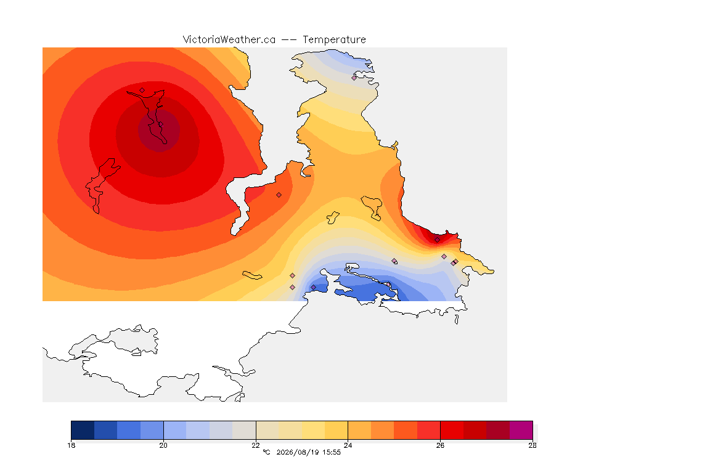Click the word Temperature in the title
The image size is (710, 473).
[334, 40]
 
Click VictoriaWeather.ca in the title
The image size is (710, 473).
[229, 40]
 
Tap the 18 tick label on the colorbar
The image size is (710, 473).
[71, 445]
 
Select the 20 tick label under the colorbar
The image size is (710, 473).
[163, 445]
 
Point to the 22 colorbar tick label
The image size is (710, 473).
[256, 445]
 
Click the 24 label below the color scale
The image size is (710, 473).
[348, 445]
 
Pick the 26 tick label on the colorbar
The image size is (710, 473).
[440, 445]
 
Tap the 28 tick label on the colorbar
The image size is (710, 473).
[532, 445]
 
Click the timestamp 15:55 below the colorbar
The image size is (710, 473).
[332, 452]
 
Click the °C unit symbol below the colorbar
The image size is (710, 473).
[266, 452]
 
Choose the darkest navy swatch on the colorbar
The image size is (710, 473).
[83, 430]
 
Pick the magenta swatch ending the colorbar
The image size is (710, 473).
[521, 430]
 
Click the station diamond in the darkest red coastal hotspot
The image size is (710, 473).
[437, 240]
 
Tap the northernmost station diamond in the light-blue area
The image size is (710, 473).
[354, 78]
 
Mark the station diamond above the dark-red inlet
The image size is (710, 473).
[142, 90]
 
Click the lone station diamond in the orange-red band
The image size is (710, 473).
[279, 195]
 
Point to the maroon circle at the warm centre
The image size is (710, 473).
[159, 131]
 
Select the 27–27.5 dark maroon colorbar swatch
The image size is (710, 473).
[498, 430]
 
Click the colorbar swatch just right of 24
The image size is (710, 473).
[359, 430]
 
